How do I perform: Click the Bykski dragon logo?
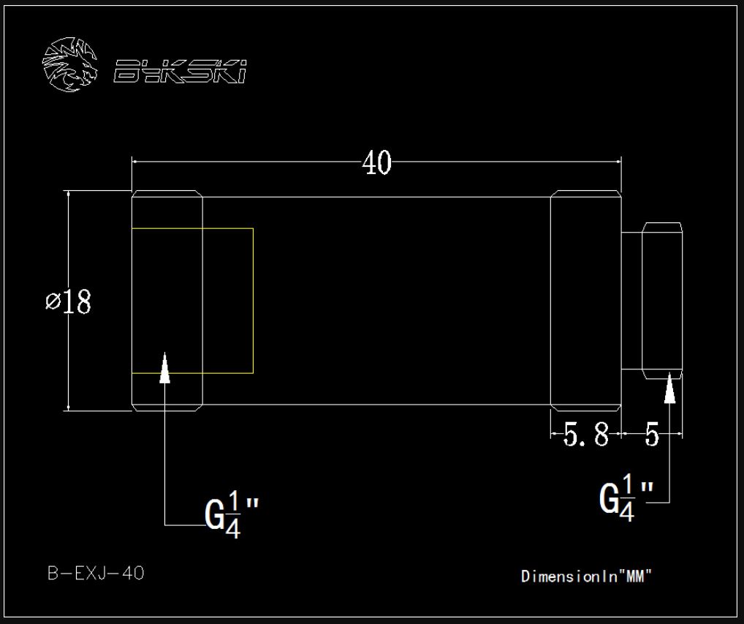(x=69, y=64)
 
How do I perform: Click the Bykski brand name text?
(x=180, y=71)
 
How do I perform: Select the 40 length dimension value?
(x=376, y=163)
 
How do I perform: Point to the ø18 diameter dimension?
(x=68, y=301)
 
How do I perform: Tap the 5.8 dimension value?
(x=585, y=435)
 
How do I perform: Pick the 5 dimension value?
(x=652, y=435)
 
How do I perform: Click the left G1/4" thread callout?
(x=232, y=515)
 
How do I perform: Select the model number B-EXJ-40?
(x=96, y=574)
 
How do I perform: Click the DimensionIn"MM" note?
(x=586, y=576)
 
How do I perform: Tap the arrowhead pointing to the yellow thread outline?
(x=164, y=367)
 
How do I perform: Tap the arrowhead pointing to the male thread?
(x=669, y=388)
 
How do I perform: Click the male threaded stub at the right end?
(x=662, y=301)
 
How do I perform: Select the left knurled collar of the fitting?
(x=167, y=301)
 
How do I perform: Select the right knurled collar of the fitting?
(x=586, y=301)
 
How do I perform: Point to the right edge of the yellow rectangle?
(x=253, y=301)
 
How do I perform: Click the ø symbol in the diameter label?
(x=53, y=301)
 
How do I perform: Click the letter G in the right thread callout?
(x=609, y=499)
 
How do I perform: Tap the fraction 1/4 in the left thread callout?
(x=233, y=515)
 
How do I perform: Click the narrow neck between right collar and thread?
(x=631, y=301)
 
